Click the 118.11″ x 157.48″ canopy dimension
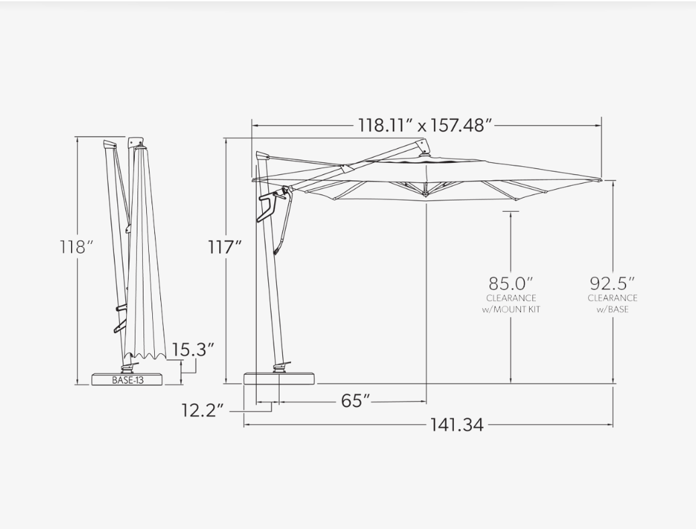point(426,125)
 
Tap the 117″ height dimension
point(225,247)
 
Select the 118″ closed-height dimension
point(77,247)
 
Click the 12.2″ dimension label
point(202,410)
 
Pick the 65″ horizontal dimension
point(355,401)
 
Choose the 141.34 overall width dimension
point(457,425)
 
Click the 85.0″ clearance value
point(510,283)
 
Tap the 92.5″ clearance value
point(612,283)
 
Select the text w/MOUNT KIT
point(511,309)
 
